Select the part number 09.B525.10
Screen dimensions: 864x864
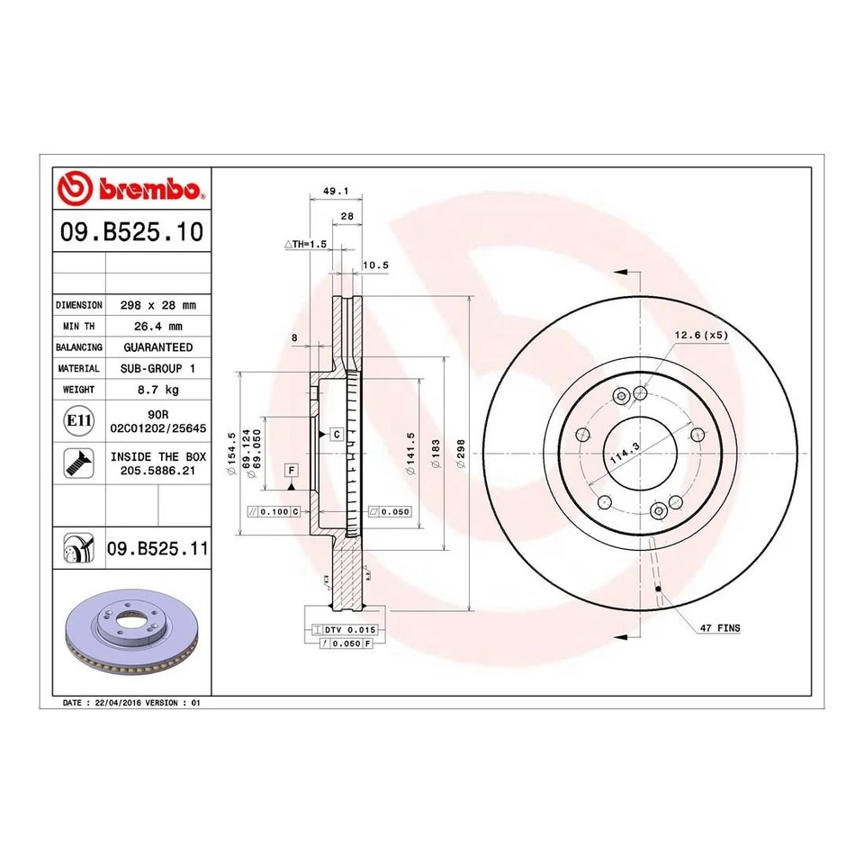130,234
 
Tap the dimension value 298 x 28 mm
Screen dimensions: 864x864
157,305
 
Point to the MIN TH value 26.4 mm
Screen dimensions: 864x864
157,326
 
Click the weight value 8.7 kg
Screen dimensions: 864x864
157,390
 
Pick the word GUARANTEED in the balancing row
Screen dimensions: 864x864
157,347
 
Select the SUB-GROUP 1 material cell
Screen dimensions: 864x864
157,369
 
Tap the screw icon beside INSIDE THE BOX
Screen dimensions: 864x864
76,463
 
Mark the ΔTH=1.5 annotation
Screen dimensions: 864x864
304,244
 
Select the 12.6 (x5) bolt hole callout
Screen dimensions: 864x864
702,336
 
